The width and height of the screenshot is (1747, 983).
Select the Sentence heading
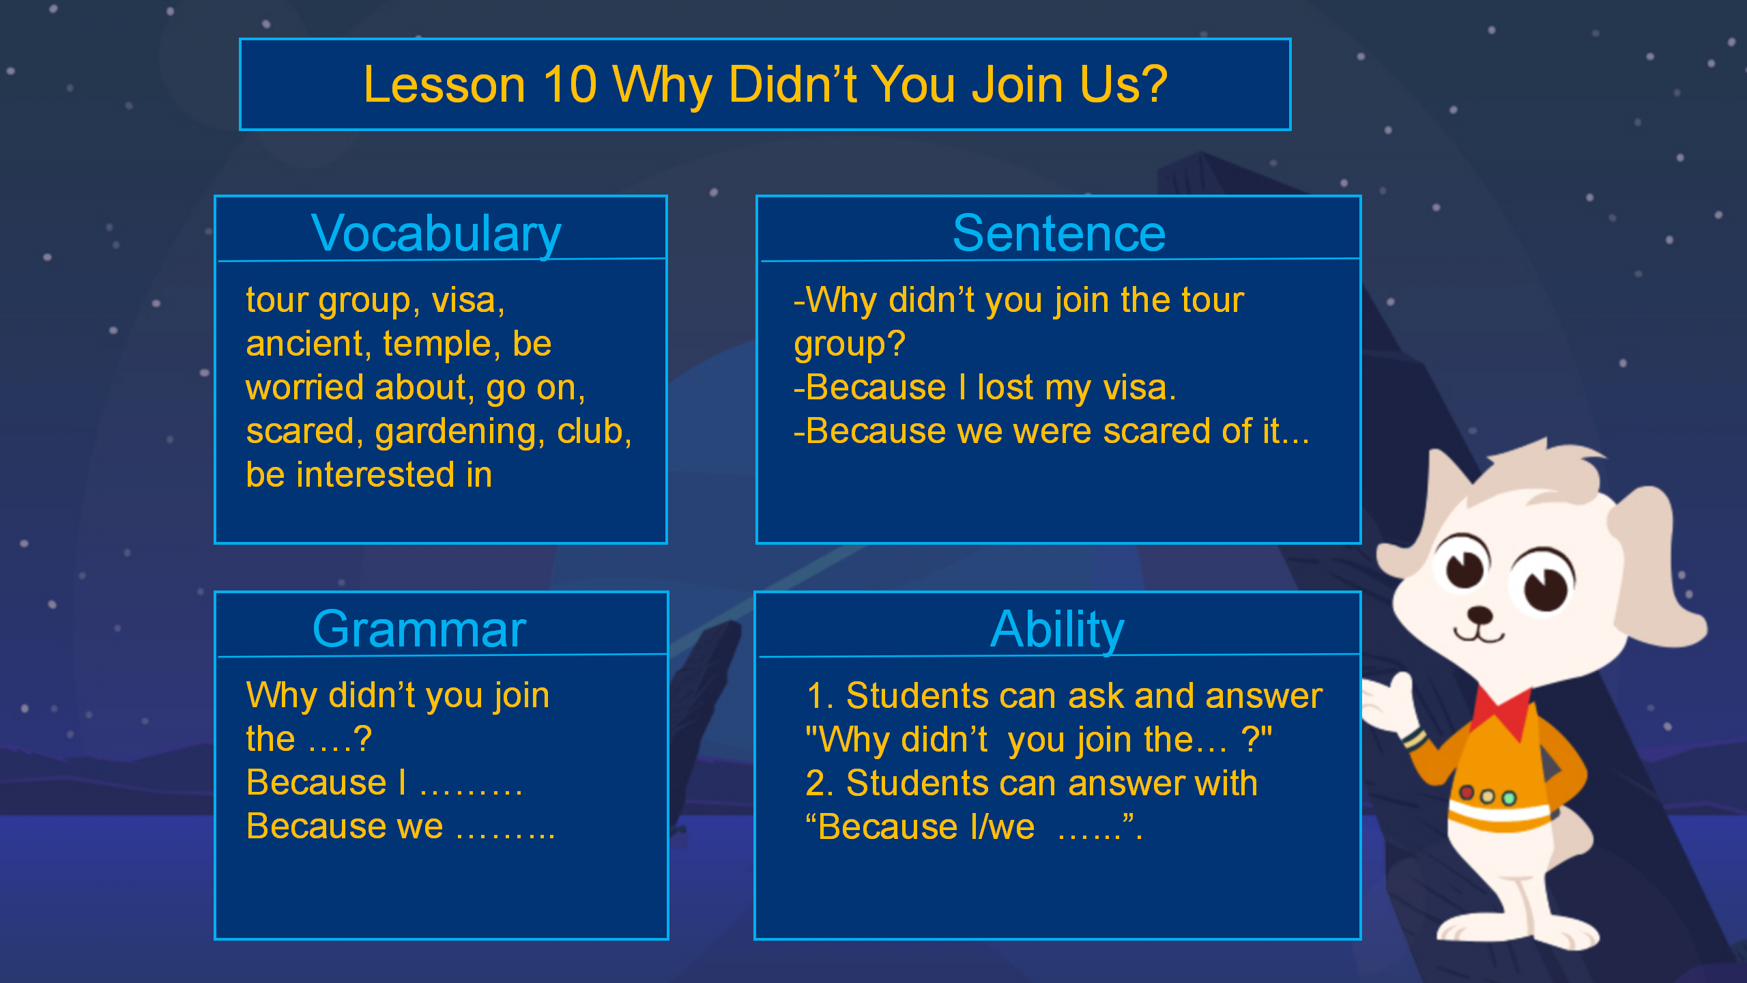click(x=1059, y=233)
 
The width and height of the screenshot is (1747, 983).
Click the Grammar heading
click(x=419, y=629)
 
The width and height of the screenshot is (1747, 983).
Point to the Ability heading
click(x=1057, y=629)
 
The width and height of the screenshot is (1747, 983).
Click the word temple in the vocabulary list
click(x=437, y=343)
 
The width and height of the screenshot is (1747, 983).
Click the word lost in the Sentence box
click(x=1005, y=387)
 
